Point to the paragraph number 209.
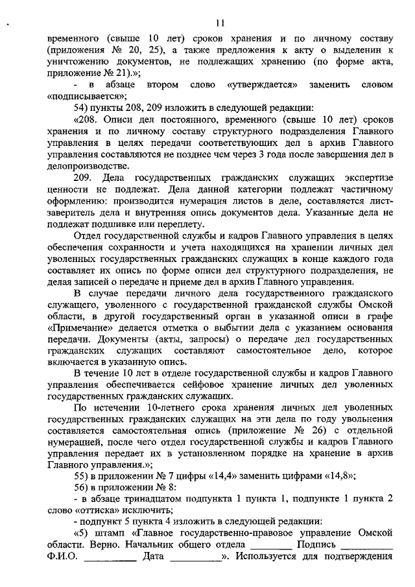pos(85,177)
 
